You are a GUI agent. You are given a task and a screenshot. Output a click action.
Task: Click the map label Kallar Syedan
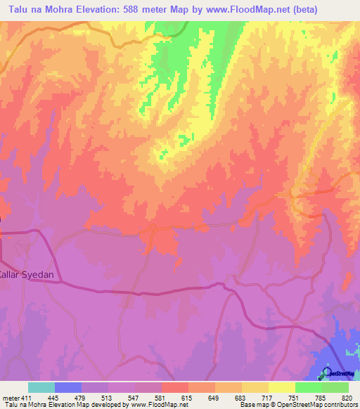tap(24, 275)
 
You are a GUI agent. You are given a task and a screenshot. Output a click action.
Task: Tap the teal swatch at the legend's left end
tap(41, 387)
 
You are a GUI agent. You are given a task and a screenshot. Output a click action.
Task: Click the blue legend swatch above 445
tap(68, 387)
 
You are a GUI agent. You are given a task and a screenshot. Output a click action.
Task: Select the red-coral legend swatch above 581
tap(174, 387)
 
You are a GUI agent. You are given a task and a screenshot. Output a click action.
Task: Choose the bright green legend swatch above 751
tap(308, 387)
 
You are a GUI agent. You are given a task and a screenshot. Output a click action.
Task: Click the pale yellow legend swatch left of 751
tap(281, 387)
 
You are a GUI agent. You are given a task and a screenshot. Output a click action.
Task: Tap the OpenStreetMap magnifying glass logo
tap(326, 373)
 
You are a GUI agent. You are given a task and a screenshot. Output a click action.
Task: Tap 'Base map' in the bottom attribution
tap(252, 405)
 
